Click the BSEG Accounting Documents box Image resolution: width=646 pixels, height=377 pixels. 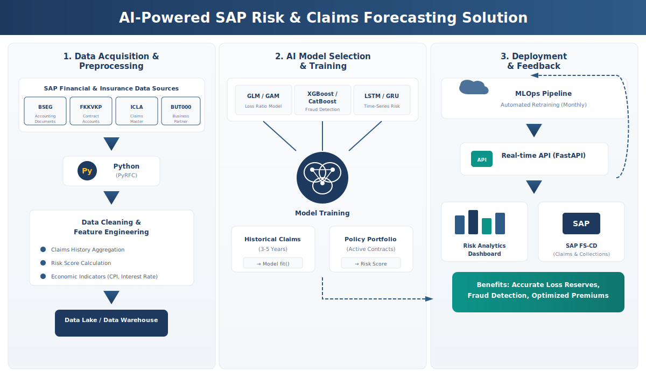pyautogui.click(x=45, y=111)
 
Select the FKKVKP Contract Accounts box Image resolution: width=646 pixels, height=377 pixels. pyautogui.click(x=91, y=111)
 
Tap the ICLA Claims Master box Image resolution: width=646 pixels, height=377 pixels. pyautogui.click(x=137, y=111)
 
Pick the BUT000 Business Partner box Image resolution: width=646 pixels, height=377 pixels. pyautogui.click(x=181, y=111)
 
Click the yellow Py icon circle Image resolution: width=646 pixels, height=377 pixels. pyautogui.click(x=87, y=171)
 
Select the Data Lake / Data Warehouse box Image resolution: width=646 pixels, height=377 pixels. pyautogui.click(x=111, y=323)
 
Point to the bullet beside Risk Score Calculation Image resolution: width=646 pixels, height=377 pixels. pyautogui.click(x=43, y=263)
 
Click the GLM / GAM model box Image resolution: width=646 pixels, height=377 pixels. pyautogui.click(x=263, y=100)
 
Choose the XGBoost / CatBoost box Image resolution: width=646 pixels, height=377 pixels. pyautogui.click(x=322, y=100)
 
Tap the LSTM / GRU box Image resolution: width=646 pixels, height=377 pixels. pyautogui.click(x=382, y=100)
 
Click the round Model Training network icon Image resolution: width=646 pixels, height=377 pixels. pyautogui.click(x=322, y=178)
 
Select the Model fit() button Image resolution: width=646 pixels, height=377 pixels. pyautogui.click(x=273, y=263)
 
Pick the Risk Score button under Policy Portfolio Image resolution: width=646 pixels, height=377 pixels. pyautogui.click(x=371, y=263)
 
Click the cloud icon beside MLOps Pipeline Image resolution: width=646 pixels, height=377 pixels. pyautogui.click(x=473, y=88)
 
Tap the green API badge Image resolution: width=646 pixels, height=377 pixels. pyautogui.click(x=482, y=159)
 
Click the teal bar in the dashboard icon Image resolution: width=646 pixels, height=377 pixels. pyautogui.click(x=487, y=226)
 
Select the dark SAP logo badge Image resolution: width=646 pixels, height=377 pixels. pyautogui.click(x=581, y=224)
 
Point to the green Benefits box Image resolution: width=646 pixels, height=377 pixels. pyautogui.click(x=538, y=292)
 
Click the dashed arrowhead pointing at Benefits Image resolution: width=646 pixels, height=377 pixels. pyautogui.click(x=429, y=298)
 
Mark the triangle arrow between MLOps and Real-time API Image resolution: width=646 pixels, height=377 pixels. pyautogui.click(x=534, y=130)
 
